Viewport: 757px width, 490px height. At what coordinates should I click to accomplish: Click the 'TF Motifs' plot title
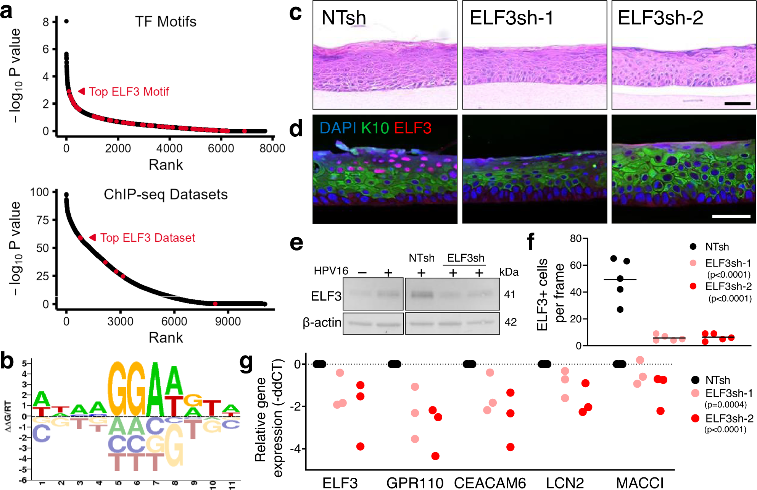click(166, 22)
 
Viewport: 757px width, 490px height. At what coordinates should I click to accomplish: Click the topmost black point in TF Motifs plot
click(66, 21)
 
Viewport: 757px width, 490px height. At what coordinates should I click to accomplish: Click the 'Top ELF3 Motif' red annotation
click(129, 92)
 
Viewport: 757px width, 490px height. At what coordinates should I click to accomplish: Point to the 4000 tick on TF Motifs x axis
click(169, 148)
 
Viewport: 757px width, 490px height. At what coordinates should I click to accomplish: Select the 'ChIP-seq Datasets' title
click(166, 194)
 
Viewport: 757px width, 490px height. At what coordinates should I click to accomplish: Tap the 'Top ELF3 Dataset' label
click(147, 238)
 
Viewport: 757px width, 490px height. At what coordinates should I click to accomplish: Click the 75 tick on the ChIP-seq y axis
click(42, 220)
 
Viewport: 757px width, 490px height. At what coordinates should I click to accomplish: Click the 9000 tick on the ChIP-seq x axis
click(228, 321)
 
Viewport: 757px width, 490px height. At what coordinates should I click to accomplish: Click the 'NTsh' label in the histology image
click(343, 18)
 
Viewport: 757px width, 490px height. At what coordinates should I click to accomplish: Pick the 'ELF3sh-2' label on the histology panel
click(660, 18)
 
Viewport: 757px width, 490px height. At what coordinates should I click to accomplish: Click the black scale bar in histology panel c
click(737, 103)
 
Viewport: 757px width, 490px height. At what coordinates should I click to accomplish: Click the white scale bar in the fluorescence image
click(731, 217)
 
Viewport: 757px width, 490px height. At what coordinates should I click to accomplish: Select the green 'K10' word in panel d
click(375, 128)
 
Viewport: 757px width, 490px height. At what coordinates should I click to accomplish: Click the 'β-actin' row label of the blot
click(322, 323)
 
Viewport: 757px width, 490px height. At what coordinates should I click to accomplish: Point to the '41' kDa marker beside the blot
click(510, 294)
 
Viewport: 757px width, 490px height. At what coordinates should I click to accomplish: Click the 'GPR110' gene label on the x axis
click(415, 483)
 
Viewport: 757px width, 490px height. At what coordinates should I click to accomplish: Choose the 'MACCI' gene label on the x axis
click(640, 483)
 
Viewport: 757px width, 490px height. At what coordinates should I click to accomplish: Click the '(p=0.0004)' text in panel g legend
click(725, 404)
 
